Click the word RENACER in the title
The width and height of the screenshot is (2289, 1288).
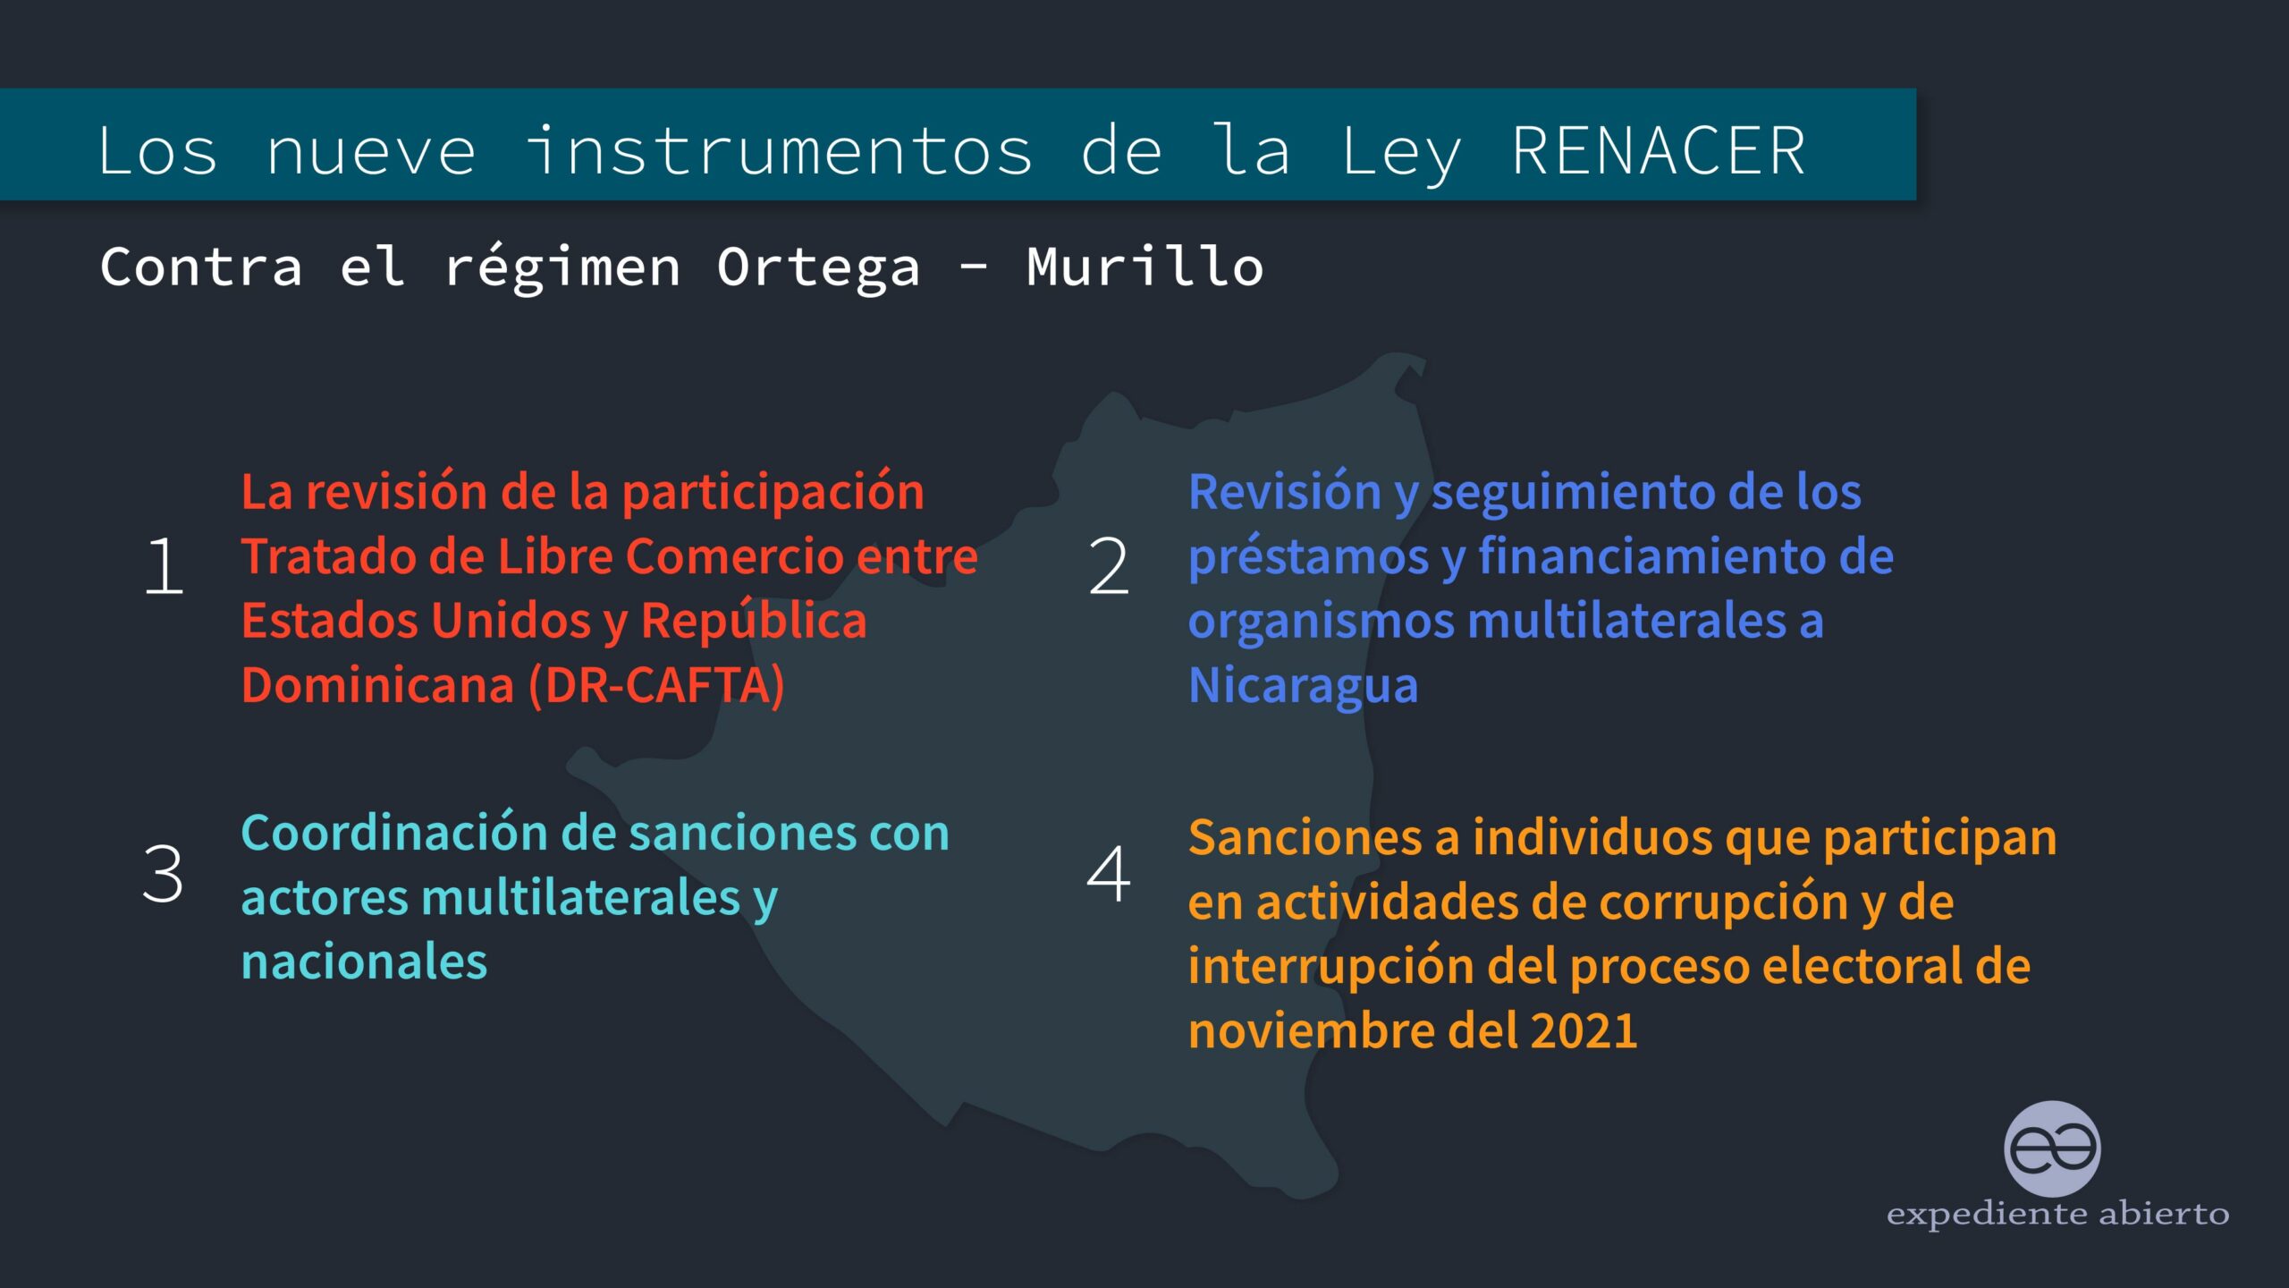point(1658,150)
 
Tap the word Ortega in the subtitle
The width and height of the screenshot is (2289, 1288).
point(818,267)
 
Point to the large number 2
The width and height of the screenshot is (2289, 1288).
point(1109,565)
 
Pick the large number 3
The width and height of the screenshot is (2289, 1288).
point(163,873)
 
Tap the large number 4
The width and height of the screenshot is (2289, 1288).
point(1109,873)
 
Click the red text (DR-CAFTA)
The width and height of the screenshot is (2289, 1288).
point(656,686)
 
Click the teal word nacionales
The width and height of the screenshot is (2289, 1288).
point(364,962)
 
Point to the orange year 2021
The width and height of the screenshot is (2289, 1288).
point(1584,1030)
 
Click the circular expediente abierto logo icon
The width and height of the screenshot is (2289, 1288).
point(2052,1148)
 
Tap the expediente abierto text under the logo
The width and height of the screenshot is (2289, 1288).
point(2057,1215)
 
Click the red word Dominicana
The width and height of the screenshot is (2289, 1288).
point(378,685)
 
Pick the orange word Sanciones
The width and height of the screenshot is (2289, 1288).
point(1305,838)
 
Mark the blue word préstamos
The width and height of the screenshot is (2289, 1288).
point(1308,556)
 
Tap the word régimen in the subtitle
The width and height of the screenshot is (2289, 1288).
point(562,267)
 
